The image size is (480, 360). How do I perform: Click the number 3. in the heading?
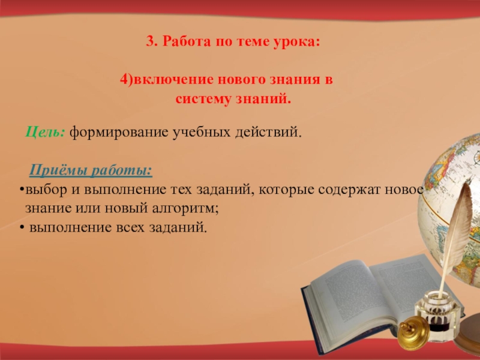coord(151,43)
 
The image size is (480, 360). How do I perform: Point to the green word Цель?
coord(46,131)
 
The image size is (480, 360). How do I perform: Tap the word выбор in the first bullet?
coord(40,191)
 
